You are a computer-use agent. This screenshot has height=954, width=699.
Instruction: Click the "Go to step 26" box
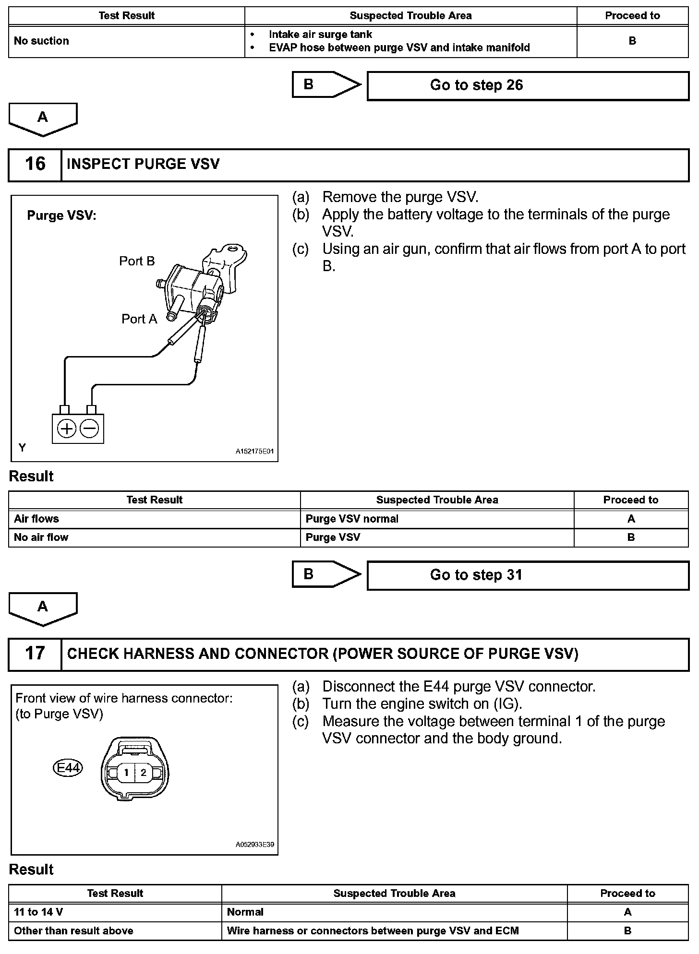point(528,86)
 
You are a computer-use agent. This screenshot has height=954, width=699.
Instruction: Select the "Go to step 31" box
point(528,575)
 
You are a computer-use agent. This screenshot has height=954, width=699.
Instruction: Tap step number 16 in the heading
point(35,164)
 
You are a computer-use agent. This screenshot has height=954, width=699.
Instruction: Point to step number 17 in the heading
point(35,654)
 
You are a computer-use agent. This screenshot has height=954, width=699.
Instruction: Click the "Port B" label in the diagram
point(137,262)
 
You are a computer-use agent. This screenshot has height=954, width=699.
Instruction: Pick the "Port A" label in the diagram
point(139,319)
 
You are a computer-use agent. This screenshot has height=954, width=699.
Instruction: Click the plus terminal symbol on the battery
point(67,429)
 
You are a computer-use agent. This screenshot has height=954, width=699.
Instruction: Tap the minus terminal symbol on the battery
point(89,429)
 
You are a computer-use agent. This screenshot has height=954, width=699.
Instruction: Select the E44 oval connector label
point(68,768)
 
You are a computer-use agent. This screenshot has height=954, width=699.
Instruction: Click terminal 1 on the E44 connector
point(126,773)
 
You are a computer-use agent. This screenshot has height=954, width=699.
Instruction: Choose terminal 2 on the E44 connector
point(144,773)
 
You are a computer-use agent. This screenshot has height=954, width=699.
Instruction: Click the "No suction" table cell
point(41,41)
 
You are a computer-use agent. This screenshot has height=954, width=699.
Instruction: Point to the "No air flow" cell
point(41,537)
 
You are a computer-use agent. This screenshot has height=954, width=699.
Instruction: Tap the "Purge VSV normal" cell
point(352,519)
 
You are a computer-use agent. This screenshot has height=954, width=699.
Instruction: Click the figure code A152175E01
point(254,452)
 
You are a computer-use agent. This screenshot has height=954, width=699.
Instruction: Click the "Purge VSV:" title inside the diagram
point(61,215)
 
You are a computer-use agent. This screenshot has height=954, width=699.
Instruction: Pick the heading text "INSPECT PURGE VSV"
point(143,164)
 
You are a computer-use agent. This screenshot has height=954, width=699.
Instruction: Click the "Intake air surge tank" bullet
point(320,35)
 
